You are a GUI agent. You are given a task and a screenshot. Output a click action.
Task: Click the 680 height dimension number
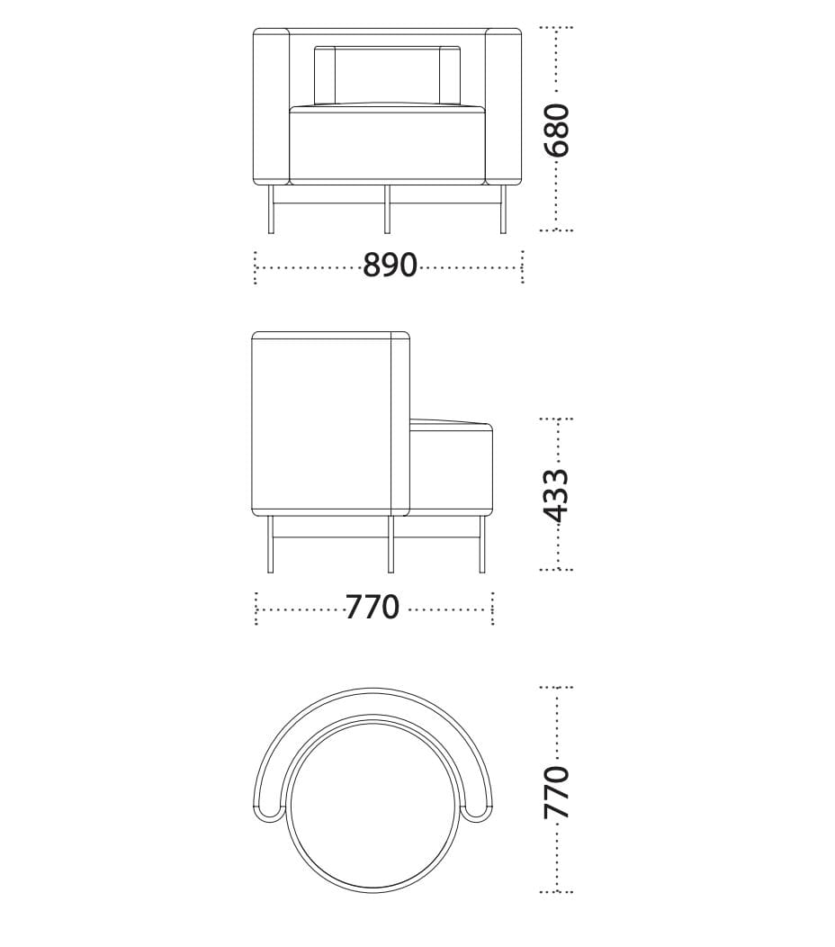pyautogui.click(x=559, y=129)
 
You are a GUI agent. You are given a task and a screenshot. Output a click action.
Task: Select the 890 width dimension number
pyautogui.click(x=390, y=266)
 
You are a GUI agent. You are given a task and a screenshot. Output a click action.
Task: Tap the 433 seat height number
pyautogui.click(x=559, y=494)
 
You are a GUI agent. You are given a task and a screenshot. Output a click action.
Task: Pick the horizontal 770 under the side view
pyautogui.click(x=373, y=608)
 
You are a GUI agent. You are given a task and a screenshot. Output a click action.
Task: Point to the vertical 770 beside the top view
pyautogui.click(x=559, y=791)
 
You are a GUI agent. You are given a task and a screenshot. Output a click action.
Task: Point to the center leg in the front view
pyautogui.click(x=387, y=209)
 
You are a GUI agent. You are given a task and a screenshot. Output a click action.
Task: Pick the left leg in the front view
pyautogui.click(x=271, y=209)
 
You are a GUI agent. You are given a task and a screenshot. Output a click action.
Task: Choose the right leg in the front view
pyautogui.click(x=503, y=209)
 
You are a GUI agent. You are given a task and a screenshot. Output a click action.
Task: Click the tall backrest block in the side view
pyautogui.click(x=324, y=423)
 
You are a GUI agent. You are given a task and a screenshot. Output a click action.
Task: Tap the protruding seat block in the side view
pyautogui.click(x=451, y=468)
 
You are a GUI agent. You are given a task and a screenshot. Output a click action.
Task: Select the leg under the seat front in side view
pyautogui.click(x=482, y=545)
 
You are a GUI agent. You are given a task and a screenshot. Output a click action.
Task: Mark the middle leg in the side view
pyautogui.click(x=391, y=545)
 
